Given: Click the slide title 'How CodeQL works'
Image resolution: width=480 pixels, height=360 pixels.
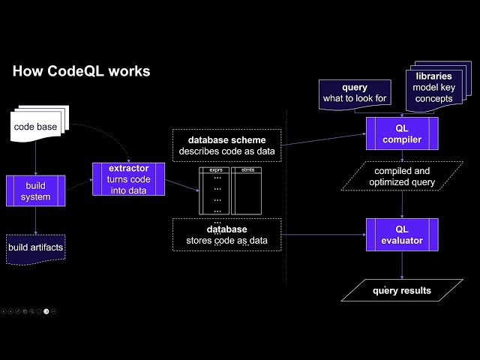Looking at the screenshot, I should pyautogui.click(x=82, y=71).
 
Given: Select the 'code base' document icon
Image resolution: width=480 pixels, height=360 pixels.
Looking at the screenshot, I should pyautogui.click(x=37, y=126).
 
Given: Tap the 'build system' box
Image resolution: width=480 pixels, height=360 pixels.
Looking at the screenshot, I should pyautogui.click(x=36, y=191).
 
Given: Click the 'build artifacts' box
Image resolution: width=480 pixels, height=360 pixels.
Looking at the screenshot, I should pyautogui.click(x=36, y=248).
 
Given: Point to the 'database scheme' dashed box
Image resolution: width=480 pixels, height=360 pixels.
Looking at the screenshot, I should pyautogui.click(x=227, y=145).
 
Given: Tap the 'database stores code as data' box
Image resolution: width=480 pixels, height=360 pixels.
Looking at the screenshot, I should pyautogui.click(x=227, y=235).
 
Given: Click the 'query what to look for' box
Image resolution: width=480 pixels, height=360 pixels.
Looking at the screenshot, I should pyautogui.click(x=355, y=94).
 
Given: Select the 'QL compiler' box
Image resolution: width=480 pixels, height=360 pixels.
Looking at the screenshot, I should pyautogui.click(x=402, y=133).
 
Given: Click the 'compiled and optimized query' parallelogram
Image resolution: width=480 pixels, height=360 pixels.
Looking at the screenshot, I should pyautogui.click(x=403, y=176).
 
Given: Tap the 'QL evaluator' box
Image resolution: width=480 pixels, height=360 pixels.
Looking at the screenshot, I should pyautogui.click(x=402, y=235).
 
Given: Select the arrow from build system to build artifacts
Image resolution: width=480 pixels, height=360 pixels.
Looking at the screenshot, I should pyautogui.click(x=36, y=220).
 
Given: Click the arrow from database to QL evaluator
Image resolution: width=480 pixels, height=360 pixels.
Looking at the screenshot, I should pyautogui.click(x=322, y=235).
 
